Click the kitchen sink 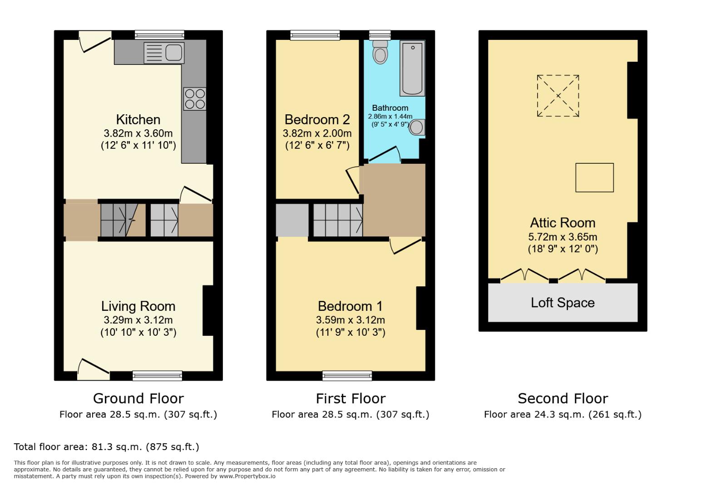(x=164, y=53)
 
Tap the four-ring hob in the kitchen (x=195, y=99)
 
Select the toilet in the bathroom (x=380, y=53)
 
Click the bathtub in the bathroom (x=412, y=68)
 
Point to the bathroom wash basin (x=417, y=127)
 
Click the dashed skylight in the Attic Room (x=558, y=96)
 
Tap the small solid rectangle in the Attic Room (x=594, y=177)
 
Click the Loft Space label (x=563, y=303)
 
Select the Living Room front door (x=93, y=368)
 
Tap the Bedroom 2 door (x=353, y=180)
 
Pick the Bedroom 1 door (x=405, y=245)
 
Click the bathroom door (x=385, y=154)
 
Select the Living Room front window (x=157, y=375)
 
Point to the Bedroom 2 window (x=315, y=35)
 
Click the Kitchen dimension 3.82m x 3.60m (x=138, y=133)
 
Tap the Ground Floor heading (x=138, y=398)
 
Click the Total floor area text (x=106, y=447)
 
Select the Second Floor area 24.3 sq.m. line (x=563, y=414)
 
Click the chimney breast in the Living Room (x=208, y=310)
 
